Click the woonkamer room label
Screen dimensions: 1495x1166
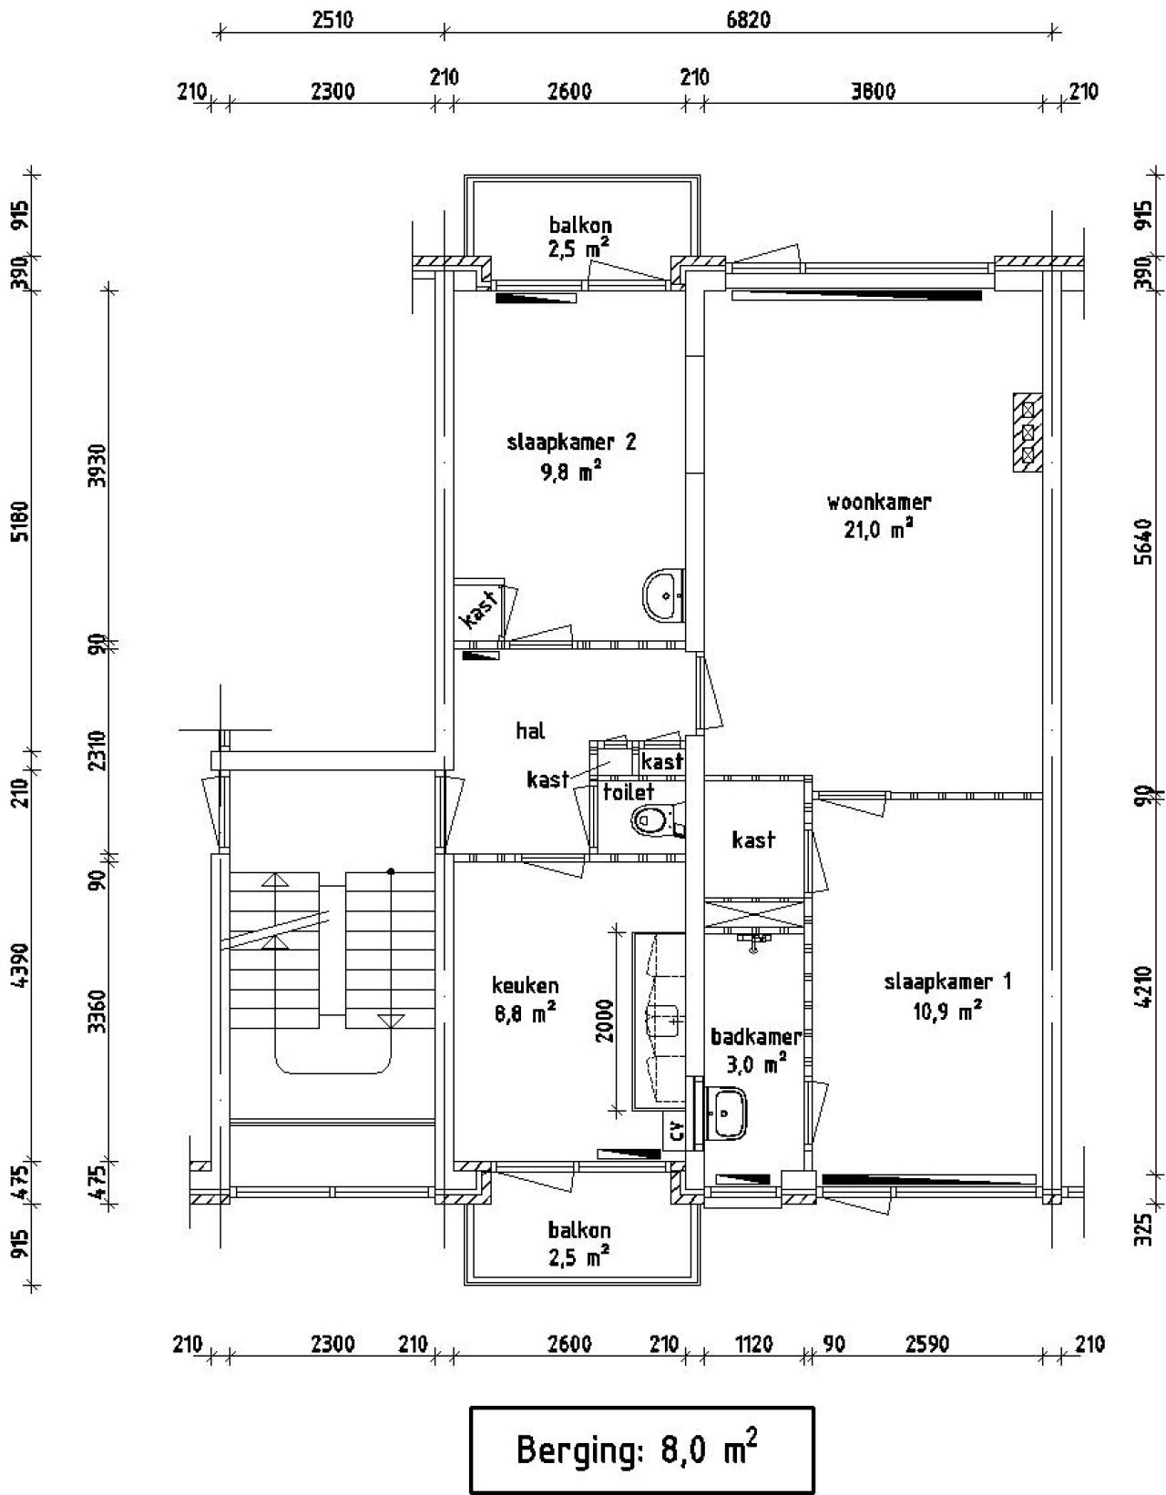coord(878,502)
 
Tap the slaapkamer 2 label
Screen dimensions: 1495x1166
coord(571,442)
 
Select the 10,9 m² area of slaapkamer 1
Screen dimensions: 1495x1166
coord(947,1010)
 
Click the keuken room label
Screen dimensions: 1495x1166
coord(526,985)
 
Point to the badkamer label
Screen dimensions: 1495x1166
coord(755,1037)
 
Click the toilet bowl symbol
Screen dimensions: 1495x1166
coord(649,820)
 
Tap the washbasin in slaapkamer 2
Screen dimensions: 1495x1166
coord(660,595)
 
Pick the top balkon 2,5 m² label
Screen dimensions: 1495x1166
coord(579,237)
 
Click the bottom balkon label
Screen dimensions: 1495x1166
coord(579,1231)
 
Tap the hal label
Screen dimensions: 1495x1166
coord(530,730)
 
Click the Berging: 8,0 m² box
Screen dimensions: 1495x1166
coord(640,1449)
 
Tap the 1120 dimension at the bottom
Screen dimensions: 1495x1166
coord(753,1344)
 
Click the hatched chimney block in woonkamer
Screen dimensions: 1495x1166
coord(1028,432)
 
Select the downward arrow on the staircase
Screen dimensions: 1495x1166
coord(390,1022)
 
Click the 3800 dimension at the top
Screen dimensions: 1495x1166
coord(873,91)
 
